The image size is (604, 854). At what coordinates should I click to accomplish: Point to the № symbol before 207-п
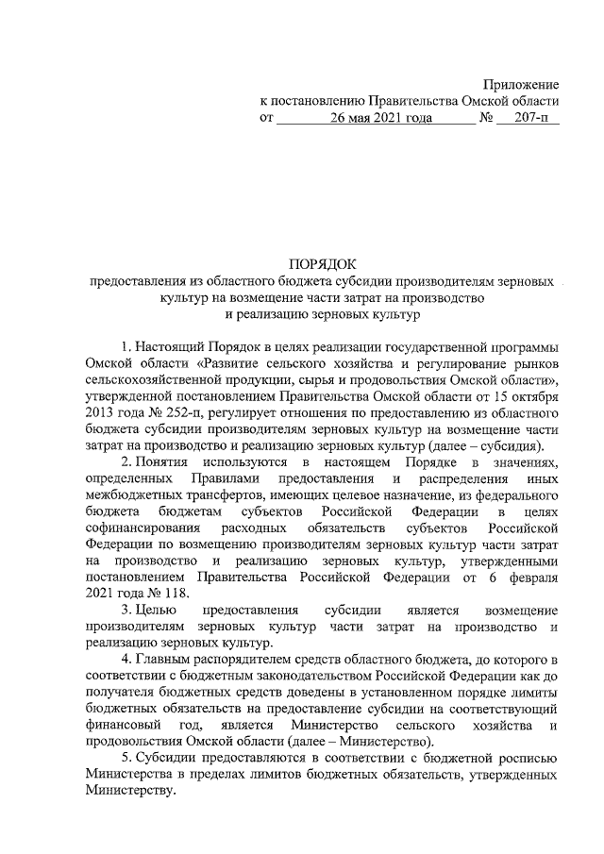click(488, 120)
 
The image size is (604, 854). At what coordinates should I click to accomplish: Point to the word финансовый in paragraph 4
click(119, 726)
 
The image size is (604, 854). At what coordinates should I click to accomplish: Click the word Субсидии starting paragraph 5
click(166, 761)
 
